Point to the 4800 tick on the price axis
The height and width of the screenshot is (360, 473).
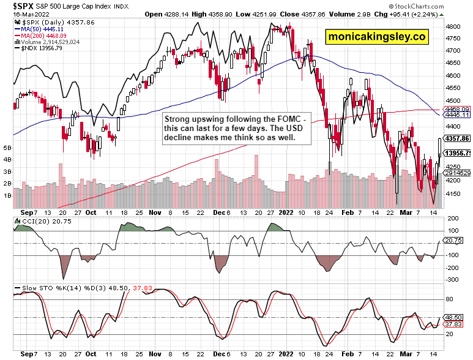(453, 28)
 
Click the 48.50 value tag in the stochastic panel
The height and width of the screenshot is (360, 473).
(455, 318)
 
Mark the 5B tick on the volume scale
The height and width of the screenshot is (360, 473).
(7, 148)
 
